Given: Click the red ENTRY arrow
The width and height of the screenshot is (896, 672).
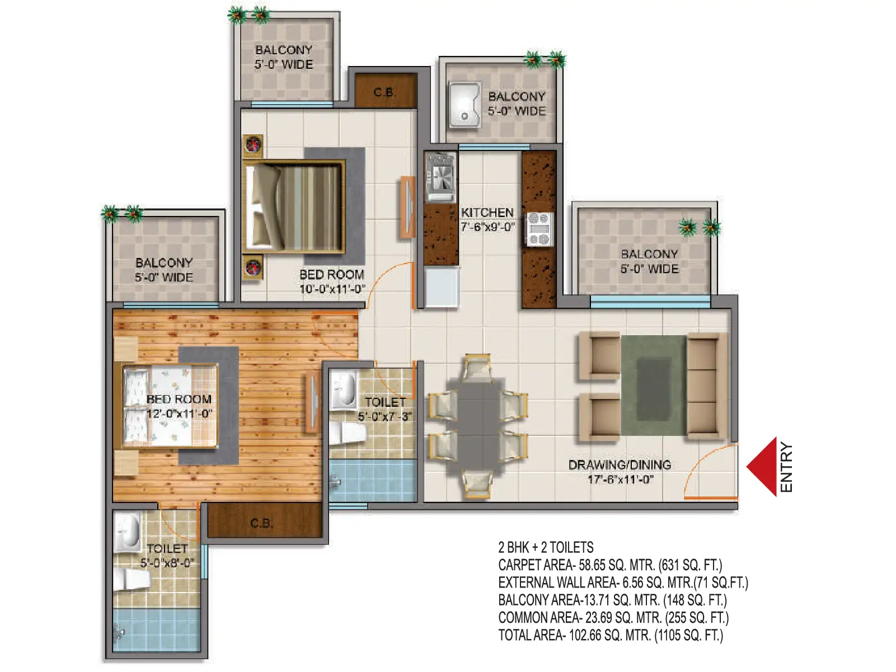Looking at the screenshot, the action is click(762, 467).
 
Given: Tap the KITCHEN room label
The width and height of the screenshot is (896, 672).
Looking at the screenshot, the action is click(487, 213).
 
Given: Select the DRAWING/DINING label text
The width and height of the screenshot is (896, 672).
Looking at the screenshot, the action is click(620, 464).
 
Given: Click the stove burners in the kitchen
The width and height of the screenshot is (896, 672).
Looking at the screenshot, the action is click(539, 229).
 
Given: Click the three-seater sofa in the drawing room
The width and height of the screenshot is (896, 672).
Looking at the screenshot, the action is click(706, 387).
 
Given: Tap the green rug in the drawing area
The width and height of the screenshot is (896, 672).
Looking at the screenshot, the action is click(654, 386).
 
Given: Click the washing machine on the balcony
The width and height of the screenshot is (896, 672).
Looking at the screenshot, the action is click(465, 105).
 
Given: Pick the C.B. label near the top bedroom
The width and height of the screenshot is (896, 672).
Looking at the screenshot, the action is click(384, 93).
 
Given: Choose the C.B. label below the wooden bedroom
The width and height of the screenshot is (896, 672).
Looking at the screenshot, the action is click(261, 523).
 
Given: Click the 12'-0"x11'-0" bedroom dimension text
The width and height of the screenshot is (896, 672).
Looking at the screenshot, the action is click(179, 413).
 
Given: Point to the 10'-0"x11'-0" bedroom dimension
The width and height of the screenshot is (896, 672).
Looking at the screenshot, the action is click(332, 289).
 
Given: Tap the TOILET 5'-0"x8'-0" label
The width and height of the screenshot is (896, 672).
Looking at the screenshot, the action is click(167, 556).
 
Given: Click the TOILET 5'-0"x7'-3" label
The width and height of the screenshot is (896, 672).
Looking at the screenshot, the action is click(385, 409).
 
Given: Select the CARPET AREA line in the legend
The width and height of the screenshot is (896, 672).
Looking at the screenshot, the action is click(610, 565).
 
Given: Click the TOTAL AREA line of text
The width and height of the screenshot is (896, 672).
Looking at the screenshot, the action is click(611, 635).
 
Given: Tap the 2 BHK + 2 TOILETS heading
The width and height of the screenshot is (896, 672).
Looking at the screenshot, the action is click(546, 547).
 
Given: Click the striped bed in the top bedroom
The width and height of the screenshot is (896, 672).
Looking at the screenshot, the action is click(293, 208).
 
